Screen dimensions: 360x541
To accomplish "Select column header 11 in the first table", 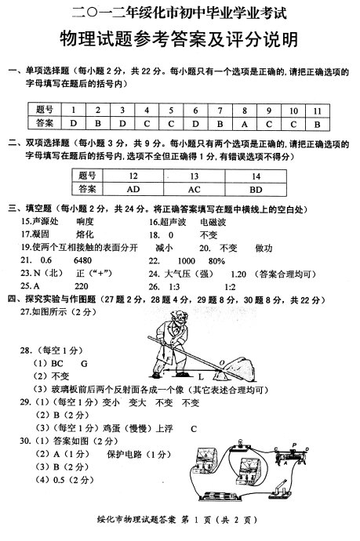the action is pos(316,109).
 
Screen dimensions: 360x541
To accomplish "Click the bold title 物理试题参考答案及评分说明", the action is pos(180,40).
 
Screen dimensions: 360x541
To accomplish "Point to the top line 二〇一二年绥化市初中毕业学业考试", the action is pos(180,12).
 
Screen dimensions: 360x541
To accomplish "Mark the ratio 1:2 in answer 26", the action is pos(231,285).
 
